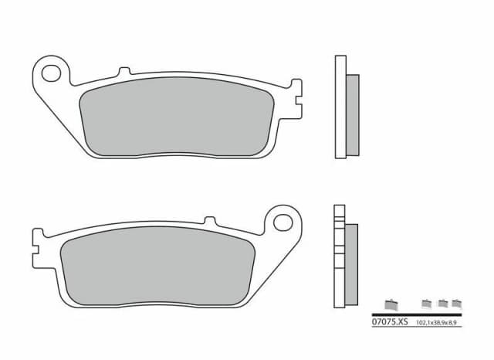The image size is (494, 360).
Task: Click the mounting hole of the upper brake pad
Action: [52, 75]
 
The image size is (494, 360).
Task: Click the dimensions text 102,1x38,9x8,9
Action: [438, 322]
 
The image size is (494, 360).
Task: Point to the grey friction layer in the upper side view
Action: [353, 113]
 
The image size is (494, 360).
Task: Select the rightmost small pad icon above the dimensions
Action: [456, 303]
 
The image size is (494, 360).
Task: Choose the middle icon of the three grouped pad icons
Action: [442, 303]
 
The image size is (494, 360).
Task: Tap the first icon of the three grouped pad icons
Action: [427, 303]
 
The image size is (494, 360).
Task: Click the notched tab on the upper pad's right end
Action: [293, 93]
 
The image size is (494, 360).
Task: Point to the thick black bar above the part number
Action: [417, 314]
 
